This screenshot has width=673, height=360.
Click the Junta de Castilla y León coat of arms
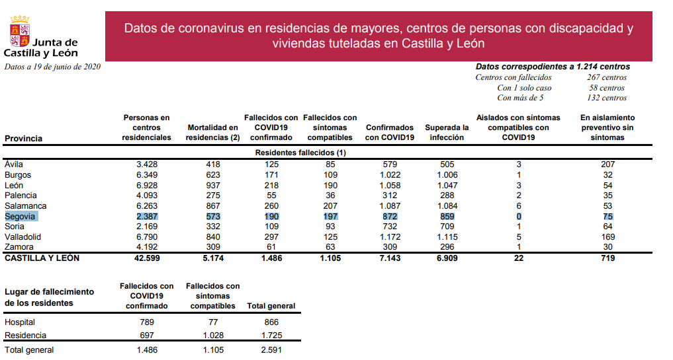18,32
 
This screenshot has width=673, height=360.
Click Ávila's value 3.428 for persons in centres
146,164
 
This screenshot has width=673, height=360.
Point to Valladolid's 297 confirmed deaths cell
271,237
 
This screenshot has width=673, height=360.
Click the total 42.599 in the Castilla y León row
146,258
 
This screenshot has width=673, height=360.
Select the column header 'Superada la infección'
447,132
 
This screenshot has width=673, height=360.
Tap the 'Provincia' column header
23,139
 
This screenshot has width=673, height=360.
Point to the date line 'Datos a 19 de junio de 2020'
52,67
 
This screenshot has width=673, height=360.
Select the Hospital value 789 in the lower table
146,322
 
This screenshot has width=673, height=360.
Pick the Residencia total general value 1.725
271,336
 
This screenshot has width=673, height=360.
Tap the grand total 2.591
271,350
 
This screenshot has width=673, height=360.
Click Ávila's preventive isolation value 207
607,164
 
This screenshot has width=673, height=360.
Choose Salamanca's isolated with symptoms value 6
519,206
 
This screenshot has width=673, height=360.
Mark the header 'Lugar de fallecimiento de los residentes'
50,297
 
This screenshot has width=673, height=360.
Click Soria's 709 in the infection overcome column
447,227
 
